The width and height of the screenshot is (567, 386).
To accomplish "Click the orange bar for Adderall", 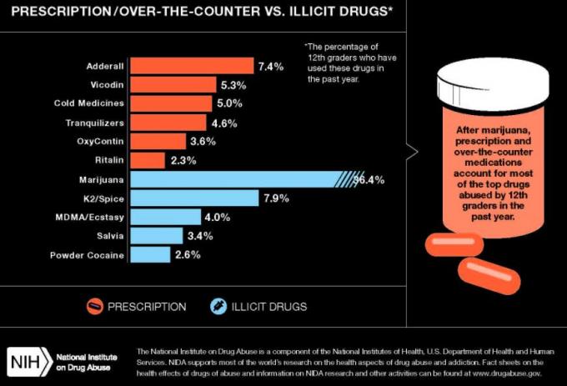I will [192, 66].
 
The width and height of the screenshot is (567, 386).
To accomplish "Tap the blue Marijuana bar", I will [238, 179].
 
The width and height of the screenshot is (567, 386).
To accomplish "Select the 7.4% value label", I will [271, 66].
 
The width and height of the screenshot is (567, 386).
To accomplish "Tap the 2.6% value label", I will [188, 254].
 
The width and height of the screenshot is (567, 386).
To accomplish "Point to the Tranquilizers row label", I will [95, 123].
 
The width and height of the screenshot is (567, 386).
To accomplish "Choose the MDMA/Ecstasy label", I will [93, 217].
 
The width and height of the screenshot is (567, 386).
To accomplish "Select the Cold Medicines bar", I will [171, 103].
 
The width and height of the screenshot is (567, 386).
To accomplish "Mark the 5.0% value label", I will [229, 103].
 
